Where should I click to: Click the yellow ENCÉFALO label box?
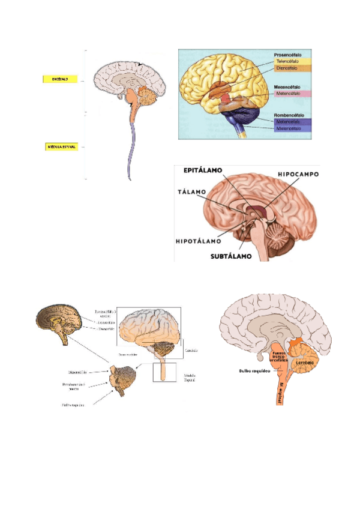click(x=60, y=79)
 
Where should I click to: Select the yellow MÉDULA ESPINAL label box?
click(x=61, y=146)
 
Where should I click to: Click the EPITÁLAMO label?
click(x=203, y=170)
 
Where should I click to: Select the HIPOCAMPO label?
click(x=298, y=174)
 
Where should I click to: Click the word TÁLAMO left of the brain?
click(x=192, y=192)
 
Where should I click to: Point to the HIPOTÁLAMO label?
click(x=199, y=241)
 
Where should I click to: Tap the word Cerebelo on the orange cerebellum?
click(x=305, y=363)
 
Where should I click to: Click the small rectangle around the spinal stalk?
click(x=164, y=372)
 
